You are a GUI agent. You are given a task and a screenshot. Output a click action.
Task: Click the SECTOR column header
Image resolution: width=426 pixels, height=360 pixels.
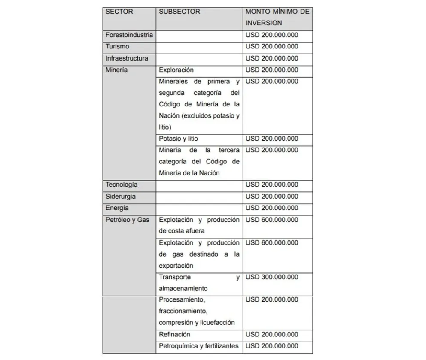119,12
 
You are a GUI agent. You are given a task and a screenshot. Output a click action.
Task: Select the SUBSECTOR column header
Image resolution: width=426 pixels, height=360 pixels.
180,12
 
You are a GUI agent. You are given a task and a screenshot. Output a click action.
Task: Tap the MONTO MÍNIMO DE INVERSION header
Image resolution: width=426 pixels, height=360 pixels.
277,17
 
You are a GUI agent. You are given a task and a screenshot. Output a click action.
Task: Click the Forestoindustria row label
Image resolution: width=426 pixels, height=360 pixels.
129,35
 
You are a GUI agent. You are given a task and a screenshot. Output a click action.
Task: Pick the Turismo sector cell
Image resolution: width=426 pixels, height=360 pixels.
117,47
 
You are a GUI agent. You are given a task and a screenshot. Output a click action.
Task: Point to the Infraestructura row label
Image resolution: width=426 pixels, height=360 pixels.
127,58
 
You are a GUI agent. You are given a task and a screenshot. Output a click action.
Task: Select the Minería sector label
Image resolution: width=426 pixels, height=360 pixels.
116,70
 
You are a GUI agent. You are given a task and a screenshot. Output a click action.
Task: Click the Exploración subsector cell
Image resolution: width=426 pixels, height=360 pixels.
176,70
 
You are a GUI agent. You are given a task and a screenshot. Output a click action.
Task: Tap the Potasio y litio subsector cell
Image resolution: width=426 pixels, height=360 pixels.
178,139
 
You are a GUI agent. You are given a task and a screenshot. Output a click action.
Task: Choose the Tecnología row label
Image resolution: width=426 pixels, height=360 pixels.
122,185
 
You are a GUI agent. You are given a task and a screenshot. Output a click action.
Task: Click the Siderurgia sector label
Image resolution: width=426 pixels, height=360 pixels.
121,196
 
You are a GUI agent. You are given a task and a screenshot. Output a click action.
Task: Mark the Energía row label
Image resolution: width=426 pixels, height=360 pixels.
117,208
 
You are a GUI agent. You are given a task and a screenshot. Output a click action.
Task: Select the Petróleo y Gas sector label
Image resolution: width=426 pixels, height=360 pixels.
128,220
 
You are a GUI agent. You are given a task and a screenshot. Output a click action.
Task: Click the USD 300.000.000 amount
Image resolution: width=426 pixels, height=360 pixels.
272,277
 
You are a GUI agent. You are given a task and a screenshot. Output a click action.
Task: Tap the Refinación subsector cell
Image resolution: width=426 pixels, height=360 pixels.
174,334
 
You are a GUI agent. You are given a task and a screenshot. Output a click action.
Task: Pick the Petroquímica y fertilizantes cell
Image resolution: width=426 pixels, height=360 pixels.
199,346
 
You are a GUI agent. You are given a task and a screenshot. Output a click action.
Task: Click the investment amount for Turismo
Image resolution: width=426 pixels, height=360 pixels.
272,47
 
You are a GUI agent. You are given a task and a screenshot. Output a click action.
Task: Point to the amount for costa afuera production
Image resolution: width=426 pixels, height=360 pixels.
272,220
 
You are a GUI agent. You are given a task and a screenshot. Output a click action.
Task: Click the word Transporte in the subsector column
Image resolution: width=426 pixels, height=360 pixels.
175,277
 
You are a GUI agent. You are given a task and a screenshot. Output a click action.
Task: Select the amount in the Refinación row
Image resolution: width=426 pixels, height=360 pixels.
272,334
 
